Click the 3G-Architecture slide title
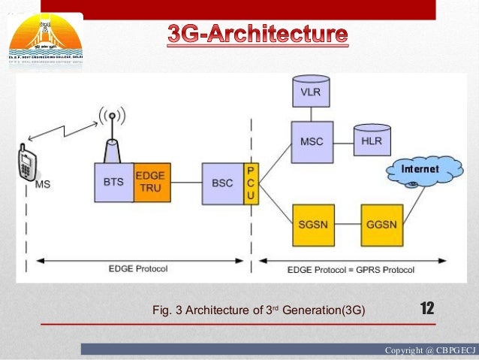258,35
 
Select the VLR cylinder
308,93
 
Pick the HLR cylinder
369,141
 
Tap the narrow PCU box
250,182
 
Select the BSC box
222,182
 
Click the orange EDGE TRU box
152,182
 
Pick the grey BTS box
113,182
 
